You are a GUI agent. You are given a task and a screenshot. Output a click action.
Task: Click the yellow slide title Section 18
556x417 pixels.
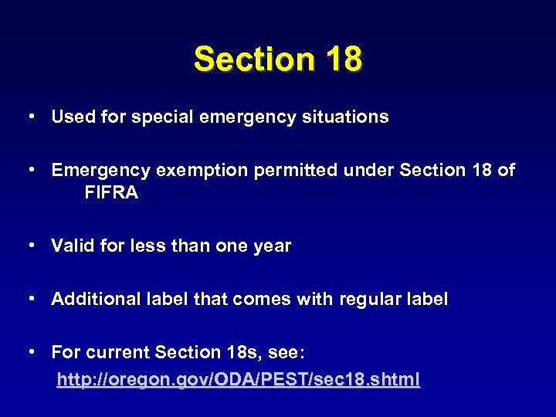pyautogui.click(x=278, y=59)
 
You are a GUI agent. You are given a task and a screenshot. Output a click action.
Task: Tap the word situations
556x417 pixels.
pyautogui.click(x=344, y=117)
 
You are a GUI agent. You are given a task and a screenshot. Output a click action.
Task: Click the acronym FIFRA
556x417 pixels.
pyautogui.click(x=112, y=193)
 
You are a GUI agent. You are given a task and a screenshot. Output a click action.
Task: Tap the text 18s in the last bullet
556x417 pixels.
pyautogui.click(x=239, y=352)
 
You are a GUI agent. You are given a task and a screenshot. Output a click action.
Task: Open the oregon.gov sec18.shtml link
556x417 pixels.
pyautogui.click(x=239, y=379)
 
